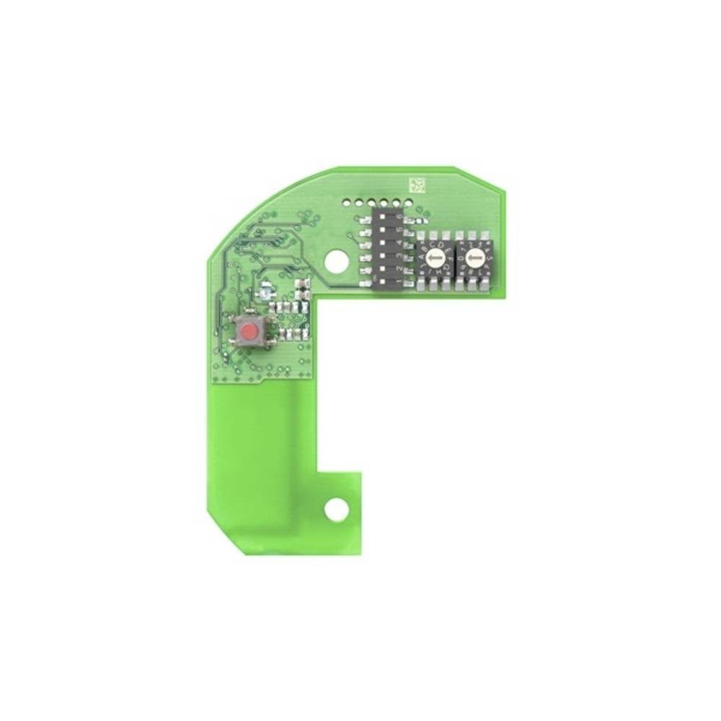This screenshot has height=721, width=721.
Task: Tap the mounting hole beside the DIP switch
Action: [335, 260]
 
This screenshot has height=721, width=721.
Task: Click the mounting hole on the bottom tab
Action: [335, 509]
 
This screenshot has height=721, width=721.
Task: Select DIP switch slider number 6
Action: [383, 216]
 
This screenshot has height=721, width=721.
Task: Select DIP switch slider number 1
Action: [383, 281]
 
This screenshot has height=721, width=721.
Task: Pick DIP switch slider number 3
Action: [383, 255]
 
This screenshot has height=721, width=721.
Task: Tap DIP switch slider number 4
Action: [383, 242]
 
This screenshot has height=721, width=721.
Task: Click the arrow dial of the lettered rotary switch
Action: [435, 257]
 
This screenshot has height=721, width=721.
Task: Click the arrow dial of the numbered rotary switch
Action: [475, 257]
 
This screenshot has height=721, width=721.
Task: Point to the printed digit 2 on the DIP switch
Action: [399, 268]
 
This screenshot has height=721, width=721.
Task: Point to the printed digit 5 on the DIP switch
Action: [399, 229]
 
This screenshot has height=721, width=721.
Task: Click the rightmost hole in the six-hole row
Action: [408, 203]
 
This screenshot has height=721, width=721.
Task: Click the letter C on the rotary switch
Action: [432, 244]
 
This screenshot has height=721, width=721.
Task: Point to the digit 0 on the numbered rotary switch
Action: [461, 258]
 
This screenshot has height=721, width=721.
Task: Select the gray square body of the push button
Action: [249, 332]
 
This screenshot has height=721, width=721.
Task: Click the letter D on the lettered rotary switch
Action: [441, 245]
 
